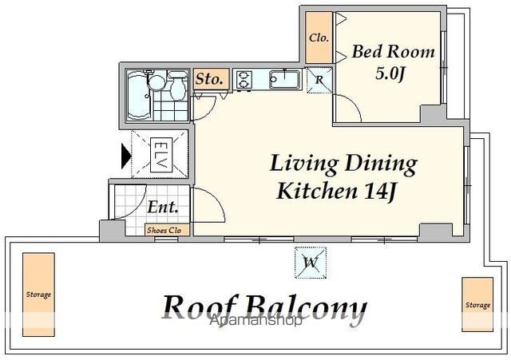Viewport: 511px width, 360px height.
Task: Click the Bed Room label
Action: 393,52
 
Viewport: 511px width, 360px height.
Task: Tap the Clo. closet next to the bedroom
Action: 319,38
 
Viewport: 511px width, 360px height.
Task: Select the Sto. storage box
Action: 211,79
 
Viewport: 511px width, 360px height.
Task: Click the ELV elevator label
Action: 160,155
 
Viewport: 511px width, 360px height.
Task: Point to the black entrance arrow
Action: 126,156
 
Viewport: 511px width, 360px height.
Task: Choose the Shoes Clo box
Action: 167,230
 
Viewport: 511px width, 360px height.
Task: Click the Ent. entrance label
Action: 163,207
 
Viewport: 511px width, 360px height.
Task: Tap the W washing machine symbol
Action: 311,263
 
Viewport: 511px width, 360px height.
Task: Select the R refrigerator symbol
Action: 319,80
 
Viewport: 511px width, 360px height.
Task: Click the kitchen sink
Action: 284,80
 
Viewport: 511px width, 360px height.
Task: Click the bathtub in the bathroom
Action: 138,95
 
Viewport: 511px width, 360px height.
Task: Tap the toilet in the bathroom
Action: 177,85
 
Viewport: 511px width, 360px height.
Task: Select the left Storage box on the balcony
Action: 38,295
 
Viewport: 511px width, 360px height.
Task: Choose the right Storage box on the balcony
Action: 477,305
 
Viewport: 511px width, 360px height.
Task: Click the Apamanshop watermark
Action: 255,321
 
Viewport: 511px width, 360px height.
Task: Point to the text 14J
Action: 380,192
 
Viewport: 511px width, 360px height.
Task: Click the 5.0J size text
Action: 390,73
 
